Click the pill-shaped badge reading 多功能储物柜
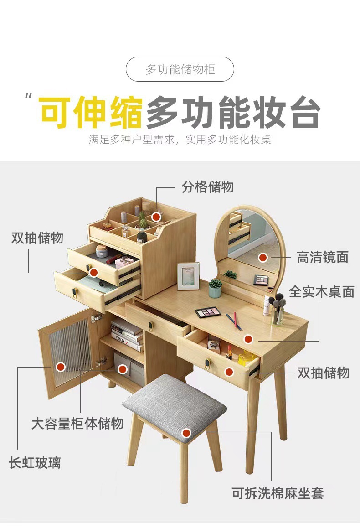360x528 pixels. [x=180, y=69]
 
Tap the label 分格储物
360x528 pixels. [x=207, y=186]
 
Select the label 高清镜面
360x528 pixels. [x=323, y=257]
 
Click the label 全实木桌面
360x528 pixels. [x=321, y=292]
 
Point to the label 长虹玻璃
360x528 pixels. [x=35, y=463]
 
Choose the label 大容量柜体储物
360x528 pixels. [x=77, y=423]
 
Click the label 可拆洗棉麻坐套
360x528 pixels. [x=278, y=493]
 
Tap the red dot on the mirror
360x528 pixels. [x=262, y=258]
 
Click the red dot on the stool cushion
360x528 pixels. [x=186, y=433]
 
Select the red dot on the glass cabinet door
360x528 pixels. [x=61, y=367]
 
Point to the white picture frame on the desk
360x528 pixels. [x=188, y=276]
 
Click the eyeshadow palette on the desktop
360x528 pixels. [x=208, y=312]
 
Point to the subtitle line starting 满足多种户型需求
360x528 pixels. [x=180, y=140]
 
